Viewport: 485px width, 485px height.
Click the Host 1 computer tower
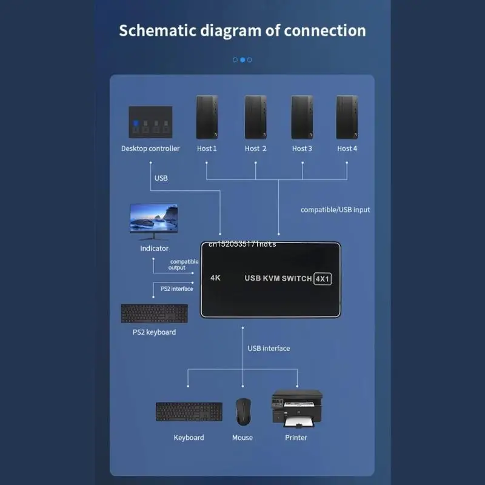pyautogui.click(x=207, y=118)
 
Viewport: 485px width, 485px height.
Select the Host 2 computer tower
pyautogui.click(x=255, y=118)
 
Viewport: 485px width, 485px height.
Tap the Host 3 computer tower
pyautogui.click(x=302, y=118)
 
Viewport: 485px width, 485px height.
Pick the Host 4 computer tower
pyautogui.click(x=347, y=118)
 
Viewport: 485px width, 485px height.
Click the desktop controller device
pyautogui.click(x=150, y=121)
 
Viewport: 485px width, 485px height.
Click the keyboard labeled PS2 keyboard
pyautogui.click(x=154, y=313)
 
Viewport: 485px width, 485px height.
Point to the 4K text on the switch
pyautogui.click(x=215, y=278)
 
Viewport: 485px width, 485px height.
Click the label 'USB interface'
pyautogui.click(x=269, y=348)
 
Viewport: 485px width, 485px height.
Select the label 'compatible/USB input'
pyautogui.click(x=335, y=210)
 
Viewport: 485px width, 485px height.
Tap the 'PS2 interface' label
pyautogui.click(x=177, y=289)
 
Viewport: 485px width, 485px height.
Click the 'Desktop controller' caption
pyautogui.click(x=150, y=149)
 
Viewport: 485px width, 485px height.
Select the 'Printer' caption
pyautogui.click(x=296, y=438)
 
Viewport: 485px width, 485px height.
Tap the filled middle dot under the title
pyautogui.click(x=242, y=60)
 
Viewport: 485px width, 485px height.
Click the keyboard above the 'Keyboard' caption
pyautogui.click(x=189, y=412)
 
